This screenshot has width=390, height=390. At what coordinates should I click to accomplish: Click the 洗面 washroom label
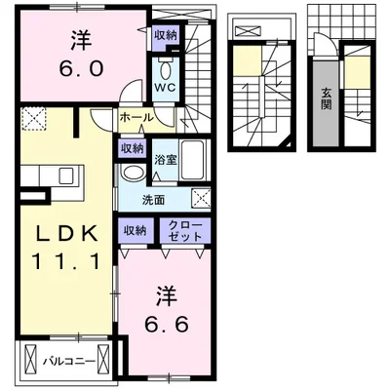(153, 200)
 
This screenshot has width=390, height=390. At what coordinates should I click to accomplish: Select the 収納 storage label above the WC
(166, 34)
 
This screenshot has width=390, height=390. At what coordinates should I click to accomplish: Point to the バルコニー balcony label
(69, 361)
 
